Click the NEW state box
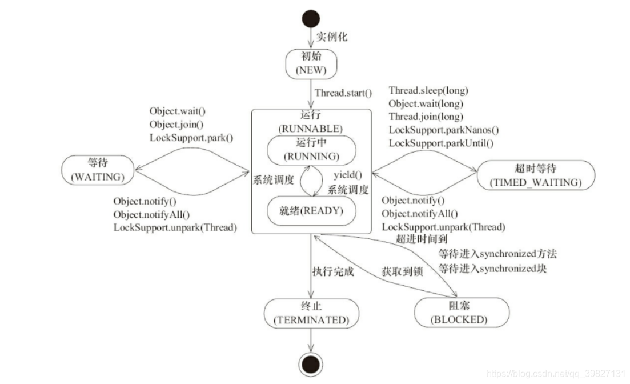point(311,64)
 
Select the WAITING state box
point(98,170)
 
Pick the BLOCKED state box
point(459,313)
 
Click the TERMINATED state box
point(311,314)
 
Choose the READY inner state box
point(311,210)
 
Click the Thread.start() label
point(343,93)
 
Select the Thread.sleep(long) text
point(428,90)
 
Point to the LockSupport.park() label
point(192,138)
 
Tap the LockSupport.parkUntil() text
point(442,143)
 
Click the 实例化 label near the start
point(332,37)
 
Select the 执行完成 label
point(333,272)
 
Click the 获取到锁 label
point(402,272)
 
